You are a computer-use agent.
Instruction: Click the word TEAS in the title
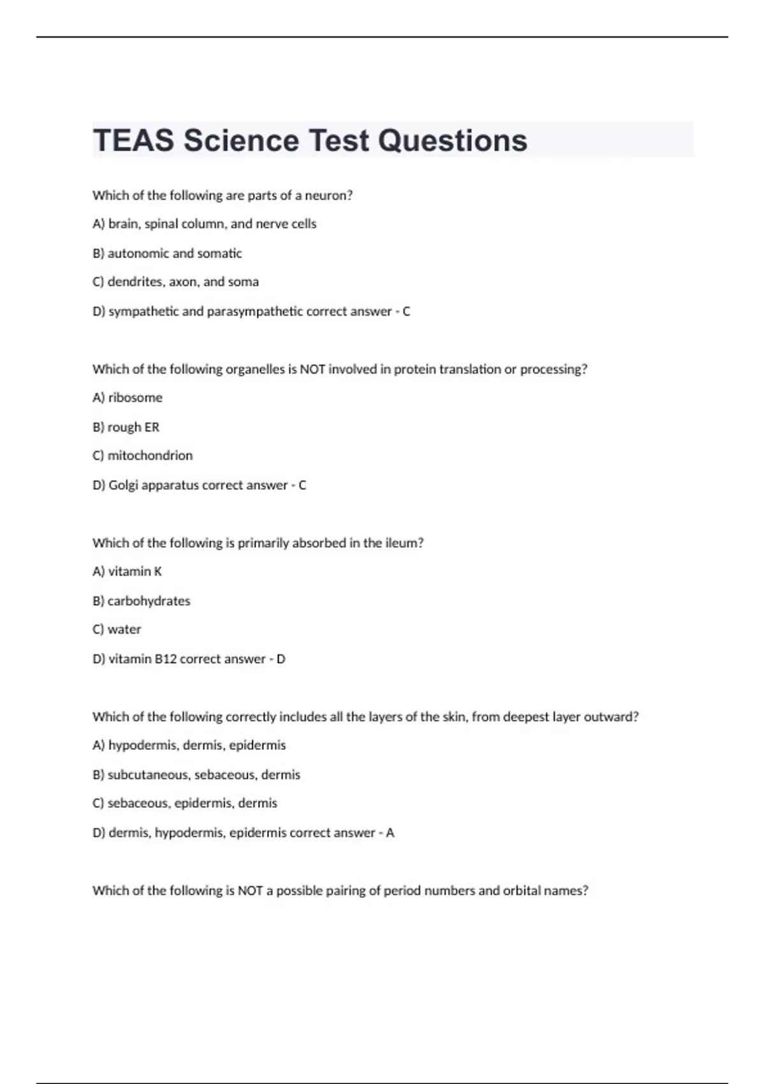pyautogui.click(x=133, y=141)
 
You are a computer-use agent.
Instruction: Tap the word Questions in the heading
pyautogui.click(x=453, y=141)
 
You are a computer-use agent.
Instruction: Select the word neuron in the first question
pyautogui.click(x=328, y=196)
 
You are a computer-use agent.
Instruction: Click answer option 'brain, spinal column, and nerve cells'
pyautogui.click(x=212, y=224)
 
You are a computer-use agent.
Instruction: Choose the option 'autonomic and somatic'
pyautogui.click(x=174, y=254)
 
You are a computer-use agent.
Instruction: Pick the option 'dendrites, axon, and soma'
pyautogui.click(x=183, y=282)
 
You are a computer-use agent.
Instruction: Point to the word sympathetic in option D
pyautogui.click(x=143, y=312)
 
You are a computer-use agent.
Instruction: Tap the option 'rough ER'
pyautogui.click(x=133, y=427)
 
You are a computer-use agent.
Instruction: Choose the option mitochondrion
pyautogui.click(x=150, y=456)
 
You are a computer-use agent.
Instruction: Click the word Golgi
pyautogui.click(x=123, y=485)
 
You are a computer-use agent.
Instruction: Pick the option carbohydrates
pyautogui.click(x=149, y=601)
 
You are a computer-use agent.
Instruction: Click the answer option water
pyautogui.click(x=124, y=629)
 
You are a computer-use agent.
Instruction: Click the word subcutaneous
pyautogui.click(x=149, y=775)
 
